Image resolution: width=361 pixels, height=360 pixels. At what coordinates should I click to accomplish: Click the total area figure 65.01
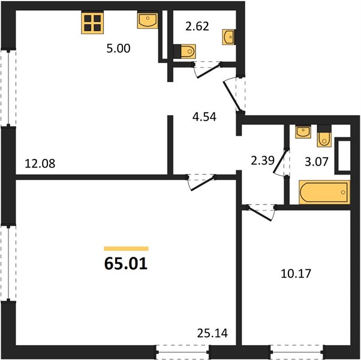coord(126,263)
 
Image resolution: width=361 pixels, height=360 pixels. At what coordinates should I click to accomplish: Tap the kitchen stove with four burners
coord(92,23)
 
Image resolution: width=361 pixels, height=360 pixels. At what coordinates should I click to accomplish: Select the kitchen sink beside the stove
coord(148,20)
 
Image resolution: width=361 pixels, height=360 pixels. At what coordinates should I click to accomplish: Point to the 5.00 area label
coord(118,49)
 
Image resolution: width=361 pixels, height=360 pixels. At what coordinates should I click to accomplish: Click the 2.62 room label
coord(197,26)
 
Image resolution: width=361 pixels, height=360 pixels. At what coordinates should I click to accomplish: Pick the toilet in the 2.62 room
coord(185,52)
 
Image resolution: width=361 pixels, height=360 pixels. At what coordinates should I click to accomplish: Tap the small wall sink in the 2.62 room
coord(228,37)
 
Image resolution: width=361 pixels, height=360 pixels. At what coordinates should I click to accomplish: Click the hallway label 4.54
coord(204,117)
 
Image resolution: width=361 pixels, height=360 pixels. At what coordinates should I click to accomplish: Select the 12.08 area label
coord(40,164)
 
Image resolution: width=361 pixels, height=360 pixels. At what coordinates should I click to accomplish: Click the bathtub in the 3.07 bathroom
coord(324,193)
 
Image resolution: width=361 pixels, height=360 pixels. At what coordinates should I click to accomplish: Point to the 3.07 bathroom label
coord(317,161)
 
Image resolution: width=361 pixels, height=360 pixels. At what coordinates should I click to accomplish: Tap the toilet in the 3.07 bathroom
coord(324,136)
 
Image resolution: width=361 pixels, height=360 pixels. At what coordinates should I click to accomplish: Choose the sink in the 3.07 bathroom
coord(303,132)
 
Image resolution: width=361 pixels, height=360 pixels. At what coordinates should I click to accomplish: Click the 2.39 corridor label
coord(263,161)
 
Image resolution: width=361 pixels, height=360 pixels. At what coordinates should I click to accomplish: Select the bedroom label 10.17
coord(296,274)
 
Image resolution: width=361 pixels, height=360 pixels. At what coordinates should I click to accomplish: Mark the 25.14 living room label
coord(212,333)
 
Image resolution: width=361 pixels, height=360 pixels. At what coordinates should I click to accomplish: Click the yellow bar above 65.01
coord(126,248)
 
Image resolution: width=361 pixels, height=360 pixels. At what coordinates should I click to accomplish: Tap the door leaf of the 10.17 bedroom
coord(260,214)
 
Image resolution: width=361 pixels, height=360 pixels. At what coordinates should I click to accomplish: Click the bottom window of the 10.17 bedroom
coord(296,352)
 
